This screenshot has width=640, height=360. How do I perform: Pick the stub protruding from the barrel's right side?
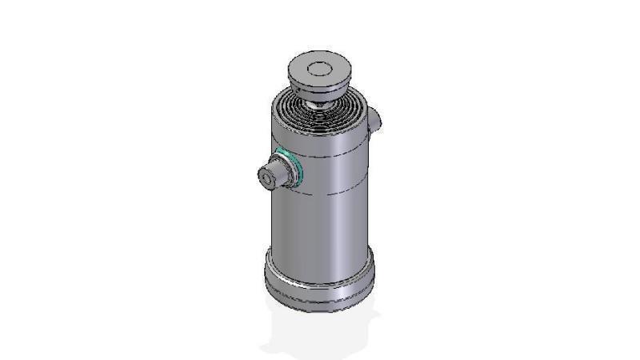point(376,119)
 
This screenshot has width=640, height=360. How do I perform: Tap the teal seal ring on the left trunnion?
point(296,167)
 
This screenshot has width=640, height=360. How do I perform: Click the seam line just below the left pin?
point(320,191)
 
